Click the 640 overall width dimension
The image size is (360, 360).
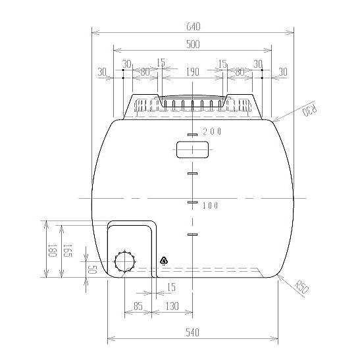coord(193,26)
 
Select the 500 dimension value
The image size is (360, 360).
coord(193,44)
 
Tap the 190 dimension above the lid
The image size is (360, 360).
coord(192,72)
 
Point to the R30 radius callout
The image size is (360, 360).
coord(310,109)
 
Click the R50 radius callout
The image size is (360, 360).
coord(301,286)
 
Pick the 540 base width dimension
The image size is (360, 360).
coord(192,332)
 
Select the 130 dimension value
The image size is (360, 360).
coord(172,306)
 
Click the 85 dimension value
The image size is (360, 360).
coord(138,306)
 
